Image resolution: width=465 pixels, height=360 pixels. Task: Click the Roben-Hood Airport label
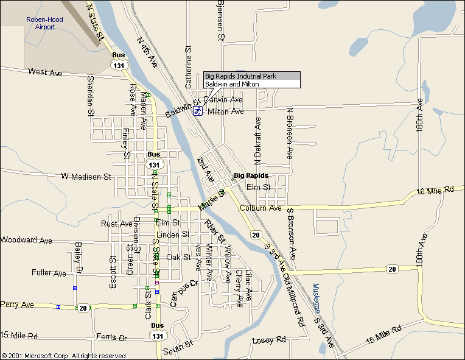(44, 23)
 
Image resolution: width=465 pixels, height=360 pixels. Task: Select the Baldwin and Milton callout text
(232, 84)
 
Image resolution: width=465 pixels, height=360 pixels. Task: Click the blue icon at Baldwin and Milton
(198, 110)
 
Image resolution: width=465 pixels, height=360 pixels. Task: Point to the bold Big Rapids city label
(251, 175)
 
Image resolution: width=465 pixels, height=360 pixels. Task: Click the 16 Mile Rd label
(436, 191)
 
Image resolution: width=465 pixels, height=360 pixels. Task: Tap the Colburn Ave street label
(261, 208)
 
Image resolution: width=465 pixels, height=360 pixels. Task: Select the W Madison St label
(86, 177)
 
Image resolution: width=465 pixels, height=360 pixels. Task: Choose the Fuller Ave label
(49, 274)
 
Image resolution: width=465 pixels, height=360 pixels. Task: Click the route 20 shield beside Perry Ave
(82, 308)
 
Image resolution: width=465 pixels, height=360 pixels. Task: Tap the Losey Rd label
(268, 340)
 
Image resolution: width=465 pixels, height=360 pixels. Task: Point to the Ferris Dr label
(111, 337)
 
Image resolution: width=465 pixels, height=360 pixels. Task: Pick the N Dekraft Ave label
(257, 140)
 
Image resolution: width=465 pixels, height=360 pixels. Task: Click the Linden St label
(173, 235)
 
